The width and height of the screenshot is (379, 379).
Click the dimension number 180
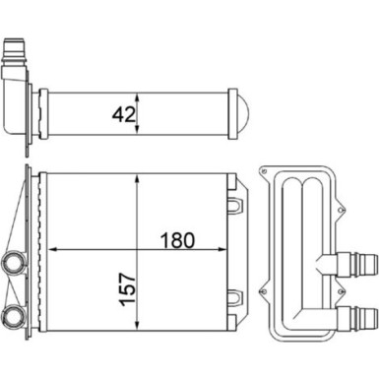tap(177, 239)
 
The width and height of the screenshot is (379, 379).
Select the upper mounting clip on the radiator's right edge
tap(236, 204)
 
